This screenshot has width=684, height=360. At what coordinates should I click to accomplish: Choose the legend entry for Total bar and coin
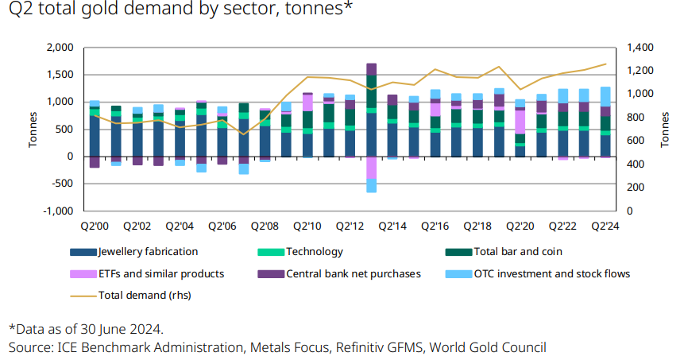pyautogui.click(x=516, y=252)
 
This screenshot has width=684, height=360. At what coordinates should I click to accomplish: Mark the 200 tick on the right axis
pyautogui.click(x=635, y=188)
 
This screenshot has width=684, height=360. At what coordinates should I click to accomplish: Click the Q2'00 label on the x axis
pyautogui.click(x=95, y=225)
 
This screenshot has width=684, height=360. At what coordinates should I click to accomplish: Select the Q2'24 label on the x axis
pyautogui.click(x=605, y=225)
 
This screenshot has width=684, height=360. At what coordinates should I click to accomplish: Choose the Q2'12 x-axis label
pyautogui.click(x=350, y=225)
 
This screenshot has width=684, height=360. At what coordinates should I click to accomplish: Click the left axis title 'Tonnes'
pyautogui.click(x=33, y=130)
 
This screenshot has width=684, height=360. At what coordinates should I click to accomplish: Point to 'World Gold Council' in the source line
pyautogui.click(x=494, y=347)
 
